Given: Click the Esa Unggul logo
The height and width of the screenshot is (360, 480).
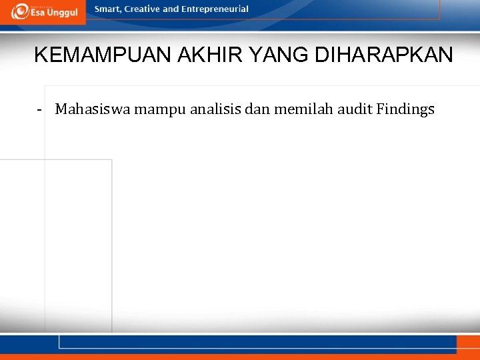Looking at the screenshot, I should [x=44, y=11].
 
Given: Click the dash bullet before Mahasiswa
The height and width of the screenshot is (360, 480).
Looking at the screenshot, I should [x=40, y=109].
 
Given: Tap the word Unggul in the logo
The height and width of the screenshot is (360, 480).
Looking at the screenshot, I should [x=61, y=13].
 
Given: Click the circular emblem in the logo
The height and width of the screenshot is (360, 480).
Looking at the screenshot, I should [x=20, y=11].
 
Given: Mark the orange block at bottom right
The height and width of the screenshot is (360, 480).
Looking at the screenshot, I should [x=468, y=344].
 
